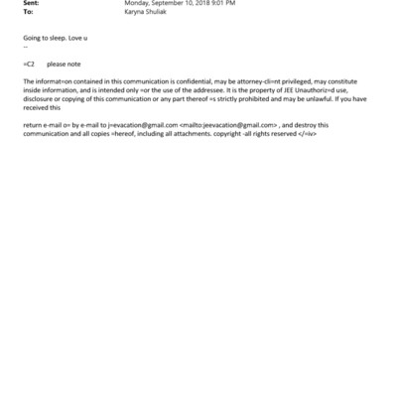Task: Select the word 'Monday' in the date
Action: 135,4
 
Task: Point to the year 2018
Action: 198,4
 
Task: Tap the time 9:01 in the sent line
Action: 218,4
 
